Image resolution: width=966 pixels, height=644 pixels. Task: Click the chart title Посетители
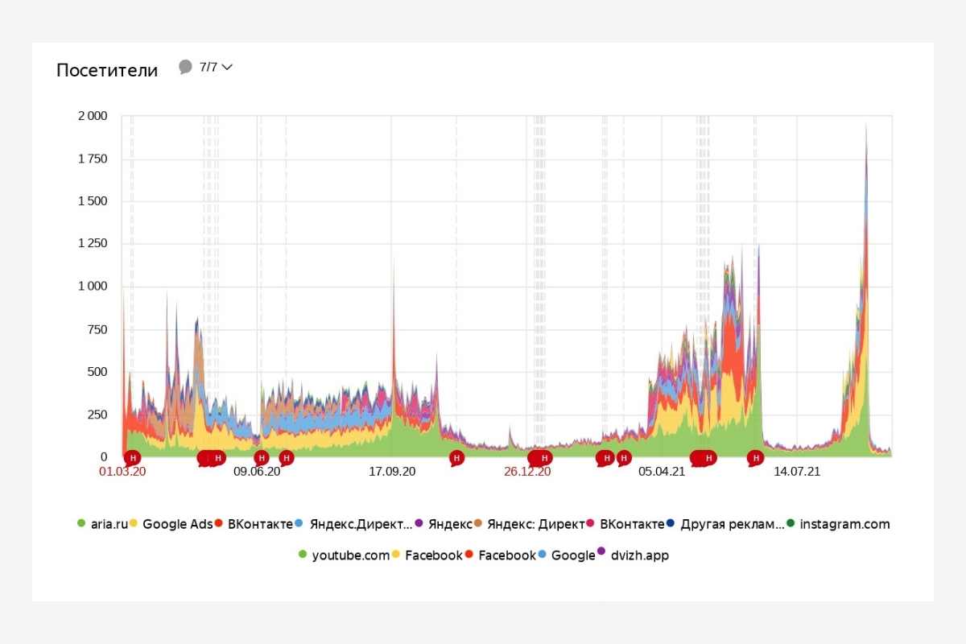107,70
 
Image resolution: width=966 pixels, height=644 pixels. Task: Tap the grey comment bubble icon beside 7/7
185,67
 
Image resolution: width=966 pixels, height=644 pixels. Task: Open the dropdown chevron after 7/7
227,68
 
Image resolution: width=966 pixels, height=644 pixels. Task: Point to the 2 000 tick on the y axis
92,116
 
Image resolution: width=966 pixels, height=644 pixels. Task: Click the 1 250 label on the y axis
92,244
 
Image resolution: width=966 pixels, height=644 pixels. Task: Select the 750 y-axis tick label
97,329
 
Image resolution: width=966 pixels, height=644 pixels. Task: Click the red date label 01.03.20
122,472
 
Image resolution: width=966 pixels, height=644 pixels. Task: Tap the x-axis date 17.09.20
392,472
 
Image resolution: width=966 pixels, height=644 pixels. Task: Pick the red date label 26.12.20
527,472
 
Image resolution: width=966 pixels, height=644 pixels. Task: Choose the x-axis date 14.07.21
797,472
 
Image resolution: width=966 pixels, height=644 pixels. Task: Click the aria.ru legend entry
107,525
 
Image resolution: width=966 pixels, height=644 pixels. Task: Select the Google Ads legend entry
177,525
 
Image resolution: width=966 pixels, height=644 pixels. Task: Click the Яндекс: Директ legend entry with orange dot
535,525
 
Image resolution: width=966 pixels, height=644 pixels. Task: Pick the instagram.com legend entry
844,525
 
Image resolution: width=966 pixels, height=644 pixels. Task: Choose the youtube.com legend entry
350,555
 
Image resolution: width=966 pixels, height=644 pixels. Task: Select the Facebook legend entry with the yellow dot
433,555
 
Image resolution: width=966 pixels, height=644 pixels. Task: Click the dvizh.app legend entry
638,555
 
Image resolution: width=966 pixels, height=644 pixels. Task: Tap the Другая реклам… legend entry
731,525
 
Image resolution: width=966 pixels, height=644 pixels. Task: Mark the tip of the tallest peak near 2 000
866,123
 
